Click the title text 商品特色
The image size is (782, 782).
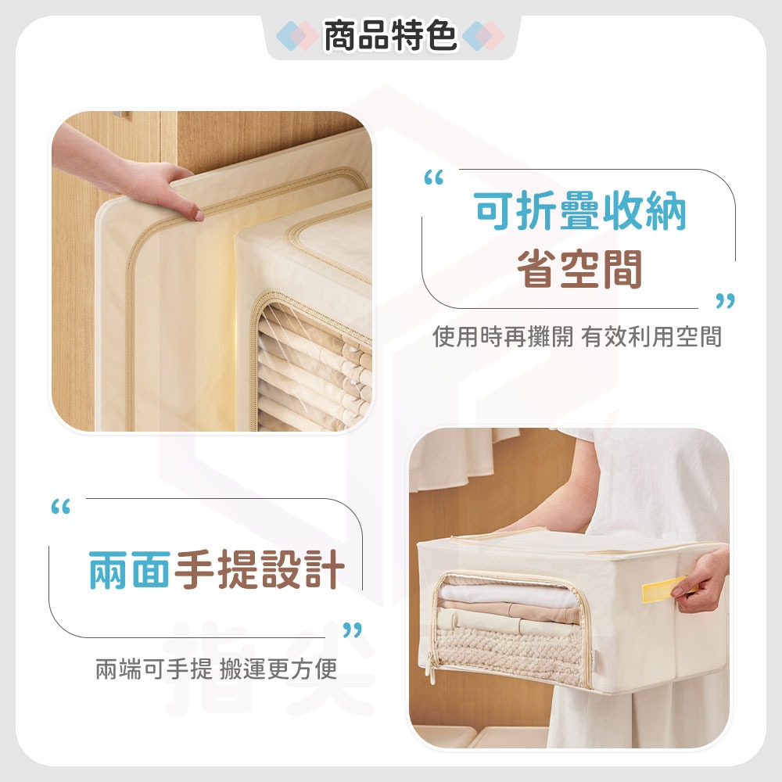pyautogui.click(x=390, y=36)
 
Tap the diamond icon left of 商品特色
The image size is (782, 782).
pyautogui.click(x=299, y=36)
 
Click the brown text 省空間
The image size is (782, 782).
pyautogui.click(x=579, y=270)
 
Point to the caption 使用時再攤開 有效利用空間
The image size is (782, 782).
pyautogui.click(x=577, y=337)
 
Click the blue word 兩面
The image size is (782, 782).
pyautogui.click(x=128, y=569)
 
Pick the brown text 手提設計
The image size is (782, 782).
pyautogui.click(x=258, y=569)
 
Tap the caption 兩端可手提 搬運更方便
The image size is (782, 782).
pyautogui.click(x=216, y=669)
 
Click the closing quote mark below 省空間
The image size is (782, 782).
pyautogui.click(x=726, y=301)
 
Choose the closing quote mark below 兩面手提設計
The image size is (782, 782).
pyautogui.click(x=353, y=630)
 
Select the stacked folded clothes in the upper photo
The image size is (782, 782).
pyautogui.click(x=313, y=368)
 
